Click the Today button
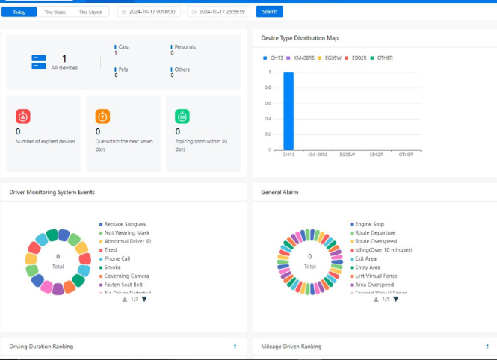point(19,12)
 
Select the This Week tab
point(54,12)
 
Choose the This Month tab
point(90,12)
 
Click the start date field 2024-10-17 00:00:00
point(152,12)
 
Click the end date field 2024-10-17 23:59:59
point(220,12)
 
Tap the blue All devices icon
point(39,62)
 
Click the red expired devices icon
point(23,117)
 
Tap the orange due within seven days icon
point(102,117)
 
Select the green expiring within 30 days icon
point(182,117)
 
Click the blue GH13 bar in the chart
point(288,111)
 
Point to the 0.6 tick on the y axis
point(268,103)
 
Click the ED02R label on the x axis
point(376,155)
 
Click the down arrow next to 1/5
point(396,299)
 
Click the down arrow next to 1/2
point(144,299)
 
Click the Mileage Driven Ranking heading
point(291,347)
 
